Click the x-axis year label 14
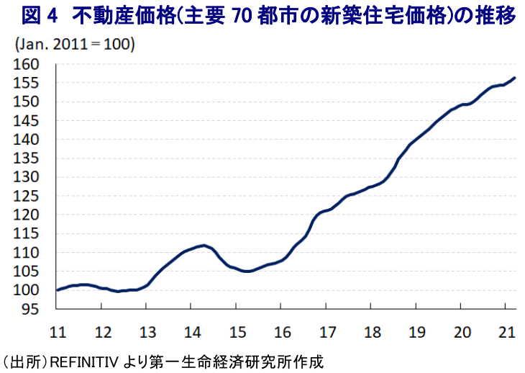(191, 332)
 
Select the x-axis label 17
(327, 332)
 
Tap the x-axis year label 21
(506, 332)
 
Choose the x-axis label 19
(416, 332)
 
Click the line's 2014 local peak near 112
(204, 246)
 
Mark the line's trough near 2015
(247, 271)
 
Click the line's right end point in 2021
(514, 78)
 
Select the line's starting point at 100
(57, 290)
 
